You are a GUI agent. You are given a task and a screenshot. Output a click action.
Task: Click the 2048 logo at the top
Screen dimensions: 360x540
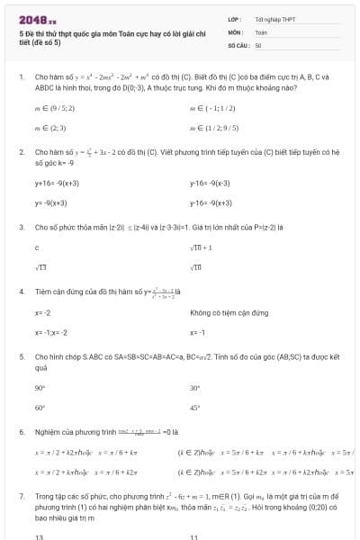coord(37,18)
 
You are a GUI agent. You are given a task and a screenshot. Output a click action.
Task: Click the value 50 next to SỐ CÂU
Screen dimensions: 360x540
coord(258,44)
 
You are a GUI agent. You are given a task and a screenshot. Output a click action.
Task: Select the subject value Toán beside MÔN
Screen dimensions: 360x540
coord(261,31)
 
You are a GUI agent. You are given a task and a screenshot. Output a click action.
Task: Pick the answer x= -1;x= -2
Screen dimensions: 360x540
coord(51,332)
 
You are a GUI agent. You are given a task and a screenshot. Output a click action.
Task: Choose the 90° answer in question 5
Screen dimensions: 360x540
coord(40,388)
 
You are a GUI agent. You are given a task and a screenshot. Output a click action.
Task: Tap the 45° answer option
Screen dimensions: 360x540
coord(195,408)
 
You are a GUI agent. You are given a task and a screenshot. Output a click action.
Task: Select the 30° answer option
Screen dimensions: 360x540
coord(195,388)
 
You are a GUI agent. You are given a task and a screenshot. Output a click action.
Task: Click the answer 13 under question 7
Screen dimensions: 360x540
coord(39,537)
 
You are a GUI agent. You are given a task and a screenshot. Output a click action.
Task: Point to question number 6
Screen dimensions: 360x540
coord(21,431)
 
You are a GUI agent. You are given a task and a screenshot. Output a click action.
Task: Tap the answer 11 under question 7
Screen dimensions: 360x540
coord(194,537)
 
